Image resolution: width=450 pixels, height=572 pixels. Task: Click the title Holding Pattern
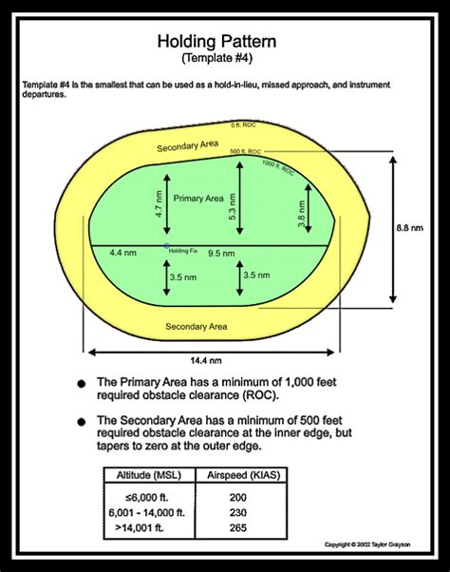(x=225, y=42)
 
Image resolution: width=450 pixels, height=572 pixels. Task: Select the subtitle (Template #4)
(x=225, y=59)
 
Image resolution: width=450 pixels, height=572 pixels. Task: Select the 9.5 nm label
(x=221, y=254)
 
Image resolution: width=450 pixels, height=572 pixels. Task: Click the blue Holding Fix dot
(x=166, y=245)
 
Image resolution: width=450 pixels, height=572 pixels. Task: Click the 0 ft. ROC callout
(x=243, y=125)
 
